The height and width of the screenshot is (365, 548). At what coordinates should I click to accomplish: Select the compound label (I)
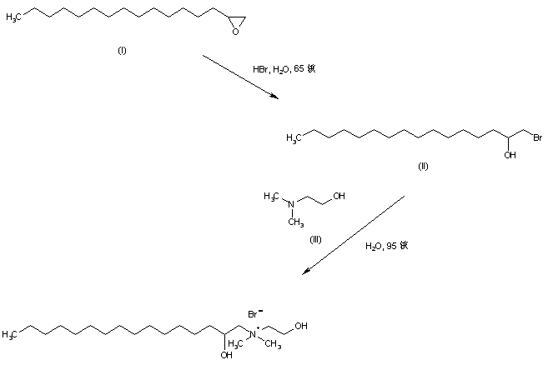[x=122, y=52]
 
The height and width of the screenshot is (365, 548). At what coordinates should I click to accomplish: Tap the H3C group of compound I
[x=14, y=16]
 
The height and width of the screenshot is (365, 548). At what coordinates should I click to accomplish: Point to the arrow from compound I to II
[x=241, y=77]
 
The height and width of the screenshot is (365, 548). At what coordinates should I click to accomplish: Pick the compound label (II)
[x=422, y=167]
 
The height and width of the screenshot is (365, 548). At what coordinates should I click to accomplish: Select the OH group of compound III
[x=339, y=197]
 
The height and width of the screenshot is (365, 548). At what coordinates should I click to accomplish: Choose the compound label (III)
[x=315, y=240]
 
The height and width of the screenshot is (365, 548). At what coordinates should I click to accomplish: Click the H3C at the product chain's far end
[x=10, y=335]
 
